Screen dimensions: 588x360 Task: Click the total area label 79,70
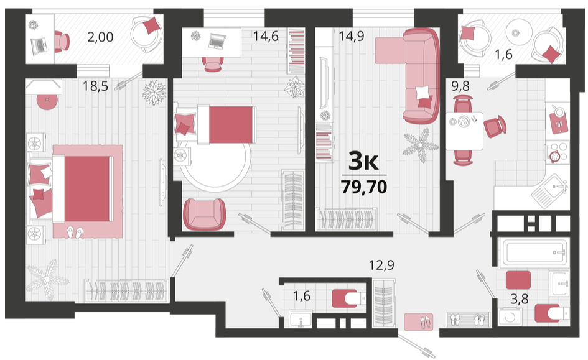click(x=364, y=186)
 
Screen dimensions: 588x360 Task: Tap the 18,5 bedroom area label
click(x=95, y=86)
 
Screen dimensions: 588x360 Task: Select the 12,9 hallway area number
click(x=381, y=265)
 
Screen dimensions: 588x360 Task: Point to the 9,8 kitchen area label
click(x=460, y=86)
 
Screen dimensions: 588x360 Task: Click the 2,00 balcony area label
click(x=100, y=37)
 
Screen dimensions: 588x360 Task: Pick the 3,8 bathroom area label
click(x=519, y=298)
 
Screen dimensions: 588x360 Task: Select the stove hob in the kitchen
click(x=558, y=152)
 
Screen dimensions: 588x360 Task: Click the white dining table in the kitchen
click(x=464, y=131)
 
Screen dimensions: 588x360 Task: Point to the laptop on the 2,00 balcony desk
click(x=39, y=46)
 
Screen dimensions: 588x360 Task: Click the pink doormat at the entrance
click(x=419, y=322)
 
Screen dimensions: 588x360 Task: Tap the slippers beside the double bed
click(x=75, y=233)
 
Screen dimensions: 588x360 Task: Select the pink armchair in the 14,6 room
click(x=204, y=214)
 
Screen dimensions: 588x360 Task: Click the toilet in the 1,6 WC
click(x=348, y=298)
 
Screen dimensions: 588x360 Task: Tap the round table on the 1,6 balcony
click(x=519, y=32)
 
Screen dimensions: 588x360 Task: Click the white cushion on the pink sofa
click(x=422, y=93)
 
